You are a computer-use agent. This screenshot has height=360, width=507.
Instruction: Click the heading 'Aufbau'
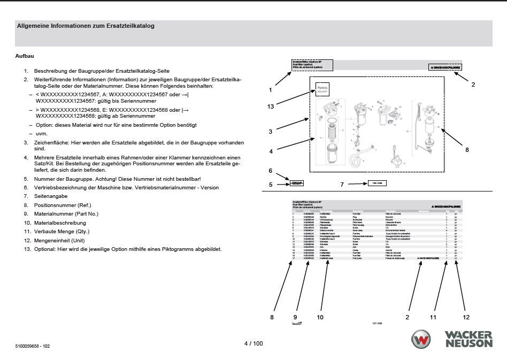25,56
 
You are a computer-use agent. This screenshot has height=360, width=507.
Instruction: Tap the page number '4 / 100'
253,343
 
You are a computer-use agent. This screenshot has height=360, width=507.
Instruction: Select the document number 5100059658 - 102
33,346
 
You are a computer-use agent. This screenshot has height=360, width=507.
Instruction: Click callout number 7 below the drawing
342,185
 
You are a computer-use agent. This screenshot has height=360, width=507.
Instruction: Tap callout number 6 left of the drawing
271,171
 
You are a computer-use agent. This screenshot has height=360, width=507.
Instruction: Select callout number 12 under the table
465,317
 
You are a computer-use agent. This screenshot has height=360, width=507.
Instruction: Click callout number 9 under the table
295,317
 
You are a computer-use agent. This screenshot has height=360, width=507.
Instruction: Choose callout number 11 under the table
433,317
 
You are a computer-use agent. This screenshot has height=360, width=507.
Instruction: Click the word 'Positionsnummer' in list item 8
52,204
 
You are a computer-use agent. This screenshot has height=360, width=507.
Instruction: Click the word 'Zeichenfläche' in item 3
50,143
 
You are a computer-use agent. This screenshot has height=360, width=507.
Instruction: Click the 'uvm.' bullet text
41,134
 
